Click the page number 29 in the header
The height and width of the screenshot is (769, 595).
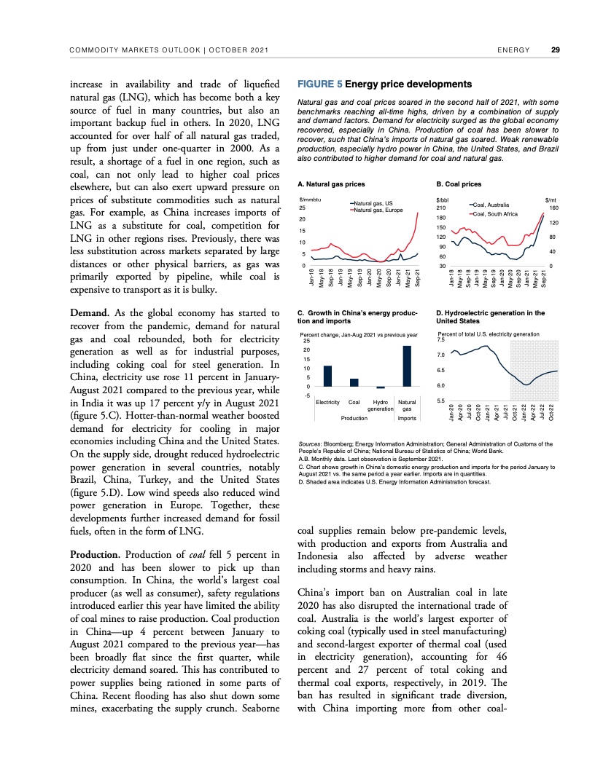point(556,50)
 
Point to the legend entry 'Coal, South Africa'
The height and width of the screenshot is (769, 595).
point(495,214)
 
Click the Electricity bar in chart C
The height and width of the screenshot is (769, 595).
point(327,376)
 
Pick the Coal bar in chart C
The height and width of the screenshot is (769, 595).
point(354,382)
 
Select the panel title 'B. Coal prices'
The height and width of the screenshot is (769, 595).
point(459,184)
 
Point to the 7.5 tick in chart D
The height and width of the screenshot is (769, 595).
point(440,339)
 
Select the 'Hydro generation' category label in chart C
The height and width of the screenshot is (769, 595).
point(380,406)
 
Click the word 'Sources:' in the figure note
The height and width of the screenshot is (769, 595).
point(311,443)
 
